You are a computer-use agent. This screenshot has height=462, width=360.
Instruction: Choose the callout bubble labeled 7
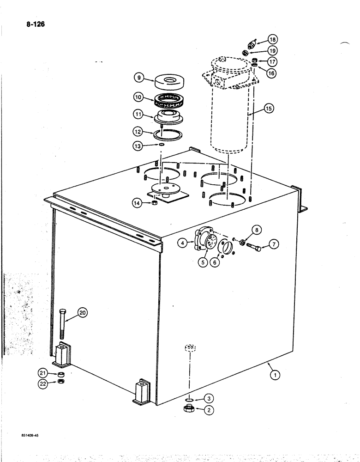click(x=274, y=244)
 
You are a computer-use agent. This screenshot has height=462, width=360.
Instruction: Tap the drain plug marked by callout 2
click(x=189, y=408)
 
